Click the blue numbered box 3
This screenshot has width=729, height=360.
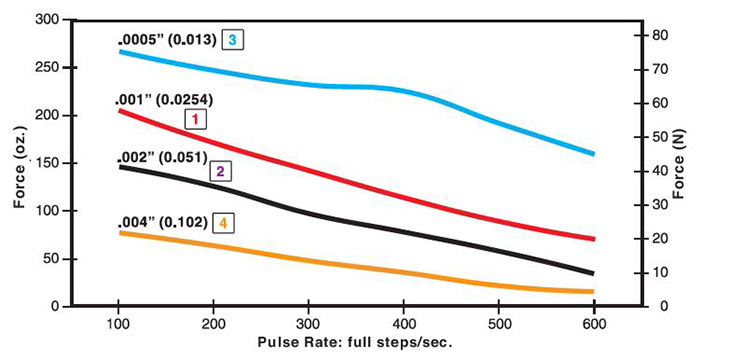coord(232,40)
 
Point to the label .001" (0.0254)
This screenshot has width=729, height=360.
coord(165,100)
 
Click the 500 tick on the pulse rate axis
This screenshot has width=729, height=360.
coord(499,324)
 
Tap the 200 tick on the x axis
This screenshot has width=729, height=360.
coord(213,324)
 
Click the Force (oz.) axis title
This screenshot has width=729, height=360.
coord(19,161)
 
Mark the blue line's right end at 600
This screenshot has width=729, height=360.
coord(594,154)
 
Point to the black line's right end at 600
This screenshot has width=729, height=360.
coord(594,273)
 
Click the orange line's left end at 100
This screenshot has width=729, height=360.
coord(120,232)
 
